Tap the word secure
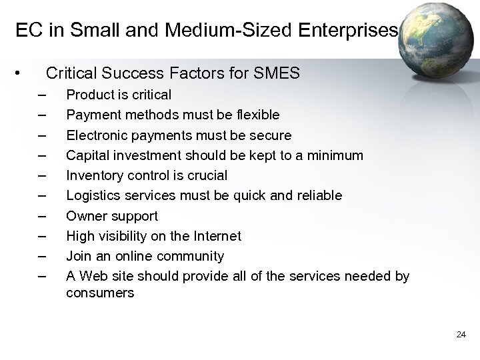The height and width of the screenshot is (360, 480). coord(269,135)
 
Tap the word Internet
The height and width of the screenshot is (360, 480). coord(217,236)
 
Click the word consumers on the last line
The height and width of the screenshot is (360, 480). coord(100,293)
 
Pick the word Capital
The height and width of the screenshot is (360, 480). coord(87,155)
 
